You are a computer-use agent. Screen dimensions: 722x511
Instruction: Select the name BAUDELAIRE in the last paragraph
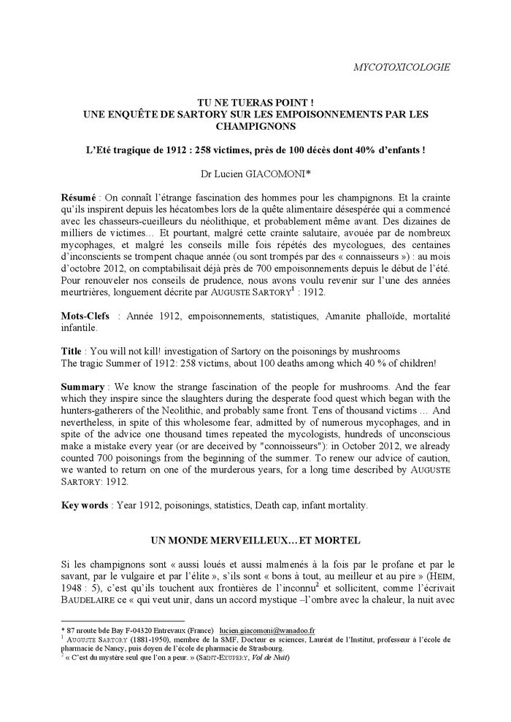tap(94, 602)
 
